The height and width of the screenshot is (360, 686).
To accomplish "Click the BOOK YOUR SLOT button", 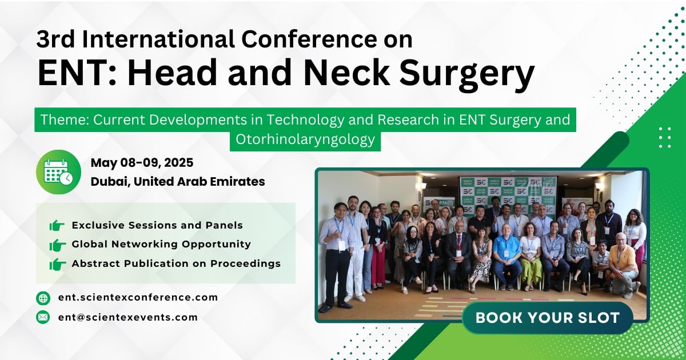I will pos(547,318).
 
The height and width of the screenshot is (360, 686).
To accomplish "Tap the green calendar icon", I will pos(58,171).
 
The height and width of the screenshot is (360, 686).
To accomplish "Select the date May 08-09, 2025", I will pos(142,163).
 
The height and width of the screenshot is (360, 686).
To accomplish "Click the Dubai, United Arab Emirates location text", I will pos(178,182).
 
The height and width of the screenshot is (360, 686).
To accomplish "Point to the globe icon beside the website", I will pos(43,298).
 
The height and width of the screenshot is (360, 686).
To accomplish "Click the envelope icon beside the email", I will pos(43,317).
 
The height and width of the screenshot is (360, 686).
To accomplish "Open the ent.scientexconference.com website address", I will pos(138,297).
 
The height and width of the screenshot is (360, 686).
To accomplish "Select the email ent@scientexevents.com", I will pos(127,317).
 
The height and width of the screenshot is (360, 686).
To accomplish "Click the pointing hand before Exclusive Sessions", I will pos(57,226).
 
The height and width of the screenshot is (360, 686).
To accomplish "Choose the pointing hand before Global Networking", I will pos(57,245).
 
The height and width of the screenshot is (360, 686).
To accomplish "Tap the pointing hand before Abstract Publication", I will pos(57,264).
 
